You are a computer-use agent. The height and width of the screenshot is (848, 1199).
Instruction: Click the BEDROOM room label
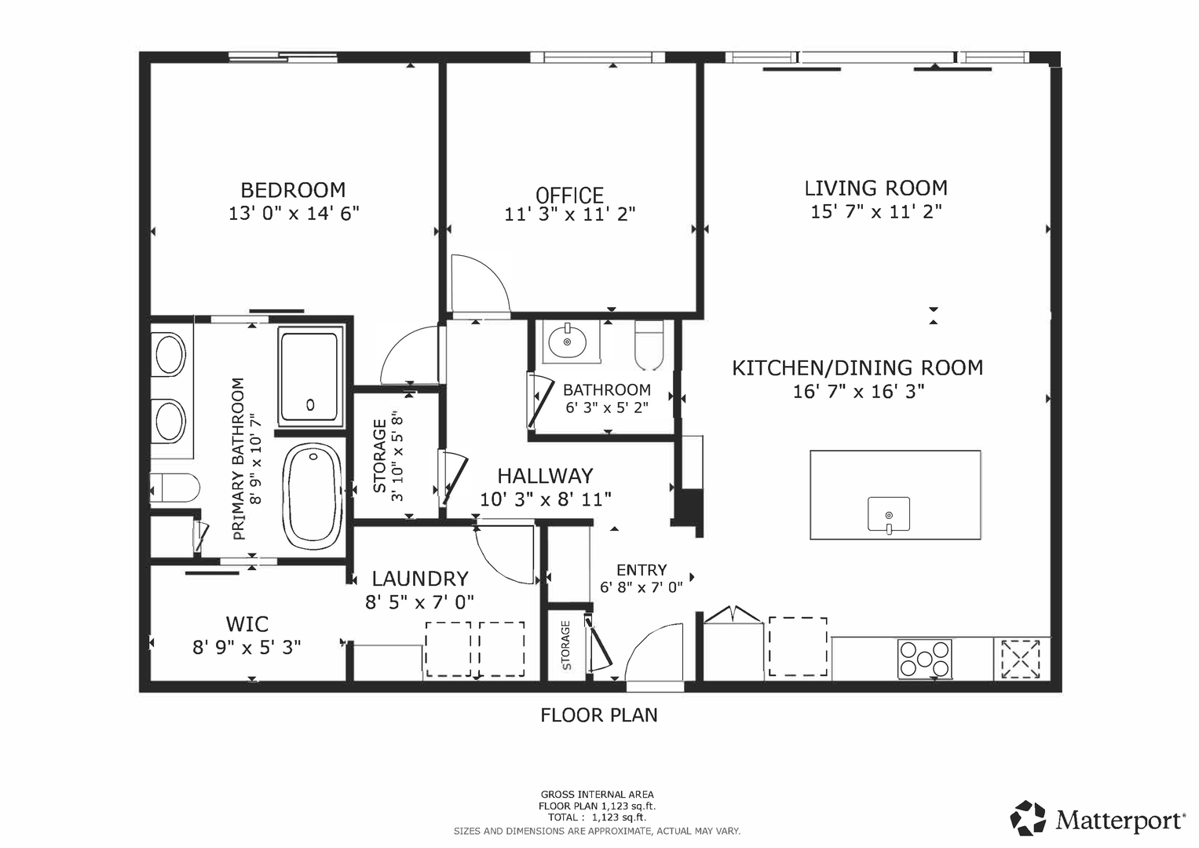point(293,190)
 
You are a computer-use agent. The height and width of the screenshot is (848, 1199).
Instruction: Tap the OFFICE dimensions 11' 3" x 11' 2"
point(569,214)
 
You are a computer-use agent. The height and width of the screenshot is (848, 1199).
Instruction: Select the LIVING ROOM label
point(875,188)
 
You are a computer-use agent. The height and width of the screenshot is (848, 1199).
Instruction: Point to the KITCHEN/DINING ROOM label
point(857,367)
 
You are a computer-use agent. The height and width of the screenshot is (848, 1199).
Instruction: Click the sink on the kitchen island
point(889,515)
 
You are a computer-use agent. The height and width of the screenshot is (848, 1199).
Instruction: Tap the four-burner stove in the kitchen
point(924,659)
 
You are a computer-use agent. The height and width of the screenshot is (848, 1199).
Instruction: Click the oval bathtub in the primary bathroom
point(313,495)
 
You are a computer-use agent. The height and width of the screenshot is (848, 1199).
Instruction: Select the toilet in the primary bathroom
point(174,488)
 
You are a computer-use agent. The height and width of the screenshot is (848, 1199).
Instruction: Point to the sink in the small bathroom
point(568,341)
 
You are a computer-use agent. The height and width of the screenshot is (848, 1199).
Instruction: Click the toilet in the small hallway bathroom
point(649,345)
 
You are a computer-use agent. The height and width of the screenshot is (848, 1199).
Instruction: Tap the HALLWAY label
point(545,476)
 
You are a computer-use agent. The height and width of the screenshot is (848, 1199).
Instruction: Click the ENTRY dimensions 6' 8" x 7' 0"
point(642,587)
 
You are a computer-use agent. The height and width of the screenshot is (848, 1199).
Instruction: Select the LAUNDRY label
point(420,579)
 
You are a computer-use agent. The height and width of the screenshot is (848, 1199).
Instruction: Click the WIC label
point(247,623)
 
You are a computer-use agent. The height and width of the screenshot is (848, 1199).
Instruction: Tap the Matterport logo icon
point(1028,818)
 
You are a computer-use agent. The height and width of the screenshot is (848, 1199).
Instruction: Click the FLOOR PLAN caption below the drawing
point(599,715)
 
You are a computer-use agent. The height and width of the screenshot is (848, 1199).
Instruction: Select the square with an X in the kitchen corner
point(1020,659)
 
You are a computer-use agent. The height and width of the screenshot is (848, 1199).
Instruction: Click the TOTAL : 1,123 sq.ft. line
point(597,817)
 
